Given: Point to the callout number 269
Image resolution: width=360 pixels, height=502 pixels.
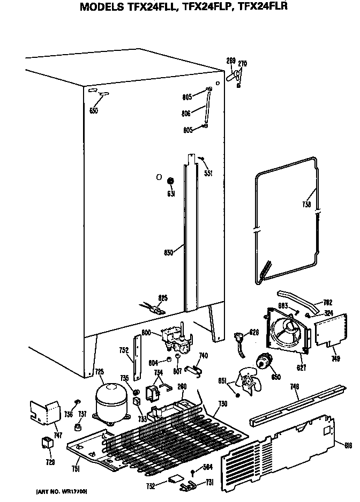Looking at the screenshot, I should (x=231, y=60).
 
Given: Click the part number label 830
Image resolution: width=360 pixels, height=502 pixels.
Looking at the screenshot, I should (x=168, y=252).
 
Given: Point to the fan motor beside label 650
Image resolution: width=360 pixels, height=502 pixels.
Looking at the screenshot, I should (x=262, y=363).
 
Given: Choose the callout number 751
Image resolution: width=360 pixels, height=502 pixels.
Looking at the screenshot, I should (x=76, y=469).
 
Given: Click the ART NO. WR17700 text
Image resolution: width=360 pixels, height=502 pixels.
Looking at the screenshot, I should (x=62, y=491).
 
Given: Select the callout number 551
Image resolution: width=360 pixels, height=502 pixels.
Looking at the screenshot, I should (x=208, y=174).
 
